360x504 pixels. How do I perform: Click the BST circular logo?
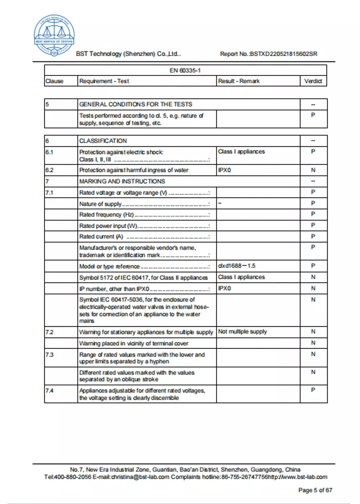pos(54,36)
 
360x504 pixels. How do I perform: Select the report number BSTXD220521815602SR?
pos(284,54)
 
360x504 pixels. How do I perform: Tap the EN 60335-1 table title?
pos(185,71)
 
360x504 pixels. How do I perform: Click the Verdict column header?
pos(313,81)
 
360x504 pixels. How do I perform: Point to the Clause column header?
pos(54,81)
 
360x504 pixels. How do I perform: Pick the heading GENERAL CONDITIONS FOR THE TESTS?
pos(136,104)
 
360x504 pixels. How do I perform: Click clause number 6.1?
pos(49,152)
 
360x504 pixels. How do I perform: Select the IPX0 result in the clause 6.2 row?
pos(224,170)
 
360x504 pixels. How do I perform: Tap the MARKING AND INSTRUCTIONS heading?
pos(122,181)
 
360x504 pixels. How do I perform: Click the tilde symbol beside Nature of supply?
pos(220,203)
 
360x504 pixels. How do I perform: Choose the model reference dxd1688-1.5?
pos(237,266)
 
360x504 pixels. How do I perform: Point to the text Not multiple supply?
pos(242,332)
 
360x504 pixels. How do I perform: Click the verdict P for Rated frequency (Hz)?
pos(313,214)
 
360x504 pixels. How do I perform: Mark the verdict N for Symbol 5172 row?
pos(313,277)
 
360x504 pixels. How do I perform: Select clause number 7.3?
pos(50,355)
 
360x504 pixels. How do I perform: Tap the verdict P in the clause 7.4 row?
pos(313,390)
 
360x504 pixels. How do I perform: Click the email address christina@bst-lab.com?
pos(140,477)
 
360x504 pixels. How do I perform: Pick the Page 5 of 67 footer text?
pos(315,490)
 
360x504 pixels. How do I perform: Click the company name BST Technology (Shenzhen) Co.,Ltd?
pos(128,54)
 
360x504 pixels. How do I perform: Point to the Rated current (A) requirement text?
pos(101,237)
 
